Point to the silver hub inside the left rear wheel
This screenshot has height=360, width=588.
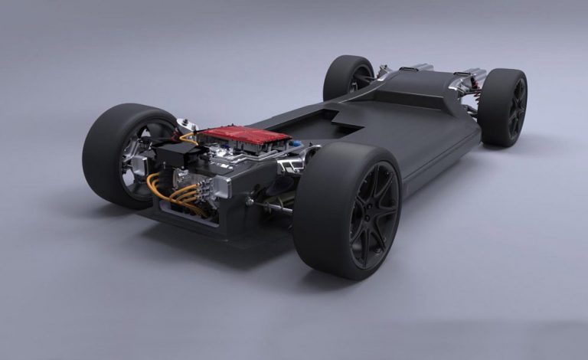[x=137, y=164]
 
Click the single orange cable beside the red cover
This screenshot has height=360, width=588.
[x=187, y=138]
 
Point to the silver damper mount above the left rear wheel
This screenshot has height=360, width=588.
[x=184, y=127]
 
